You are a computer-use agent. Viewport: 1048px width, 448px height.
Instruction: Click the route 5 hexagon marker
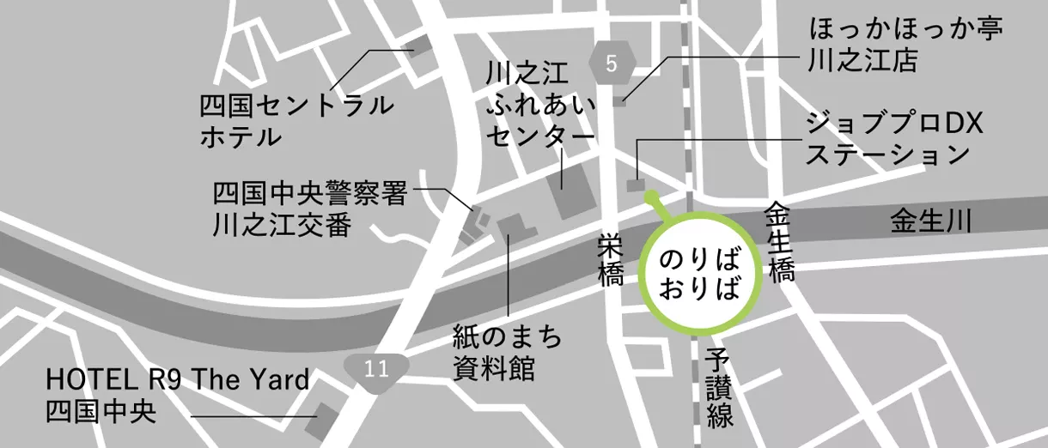tap(611, 63)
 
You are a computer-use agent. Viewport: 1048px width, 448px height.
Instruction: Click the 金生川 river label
tap(930, 222)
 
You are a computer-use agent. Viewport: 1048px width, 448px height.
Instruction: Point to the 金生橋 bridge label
tap(781, 243)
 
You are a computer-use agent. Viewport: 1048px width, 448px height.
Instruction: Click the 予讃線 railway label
tap(720, 389)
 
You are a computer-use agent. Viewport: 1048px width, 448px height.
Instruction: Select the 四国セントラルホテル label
tap(296, 121)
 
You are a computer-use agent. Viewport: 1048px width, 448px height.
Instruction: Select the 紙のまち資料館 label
tap(508, 353)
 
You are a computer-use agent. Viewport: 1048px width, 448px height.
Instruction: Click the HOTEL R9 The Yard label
tap(177, 393)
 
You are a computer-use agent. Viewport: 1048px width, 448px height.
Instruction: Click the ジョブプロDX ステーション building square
tap(636, 185)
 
